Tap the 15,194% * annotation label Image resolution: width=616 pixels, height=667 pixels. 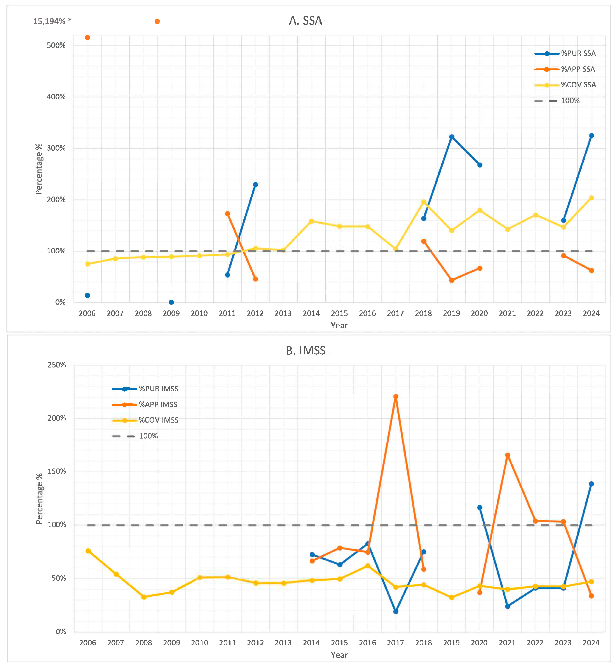52,21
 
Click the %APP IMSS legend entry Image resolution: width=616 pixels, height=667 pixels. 158,404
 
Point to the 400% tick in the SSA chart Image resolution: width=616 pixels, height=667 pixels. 56,97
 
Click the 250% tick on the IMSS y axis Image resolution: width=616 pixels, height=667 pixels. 57,365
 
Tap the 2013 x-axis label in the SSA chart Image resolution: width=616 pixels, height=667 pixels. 283,313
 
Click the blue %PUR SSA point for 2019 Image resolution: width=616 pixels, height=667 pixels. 452,137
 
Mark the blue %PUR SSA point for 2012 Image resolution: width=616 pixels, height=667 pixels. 255,185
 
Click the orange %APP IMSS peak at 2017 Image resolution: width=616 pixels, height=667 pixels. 396,397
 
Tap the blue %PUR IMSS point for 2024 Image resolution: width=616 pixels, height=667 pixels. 591,484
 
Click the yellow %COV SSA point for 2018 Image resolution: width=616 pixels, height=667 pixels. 424,202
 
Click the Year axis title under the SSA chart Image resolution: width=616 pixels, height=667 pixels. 339,326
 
